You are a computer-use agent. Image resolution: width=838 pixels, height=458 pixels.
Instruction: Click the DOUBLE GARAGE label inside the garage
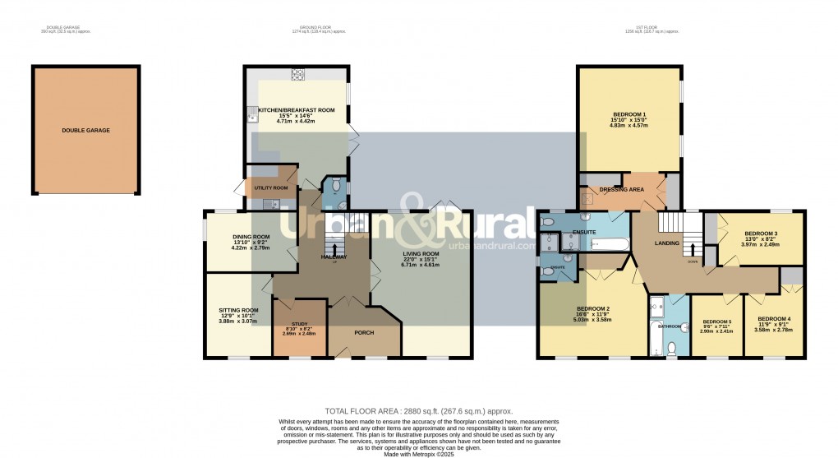coord(85,130)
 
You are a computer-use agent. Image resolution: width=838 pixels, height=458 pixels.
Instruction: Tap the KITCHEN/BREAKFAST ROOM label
coord(297,110)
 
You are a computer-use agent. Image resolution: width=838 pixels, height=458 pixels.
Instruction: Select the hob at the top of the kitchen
coord(297,74)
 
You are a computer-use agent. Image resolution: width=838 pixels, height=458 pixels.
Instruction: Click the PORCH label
coord(365,333)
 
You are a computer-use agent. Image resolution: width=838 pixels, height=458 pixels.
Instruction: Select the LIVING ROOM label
coord(421,254)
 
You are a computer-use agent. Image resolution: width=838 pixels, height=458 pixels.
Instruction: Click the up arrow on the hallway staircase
coord(334,247)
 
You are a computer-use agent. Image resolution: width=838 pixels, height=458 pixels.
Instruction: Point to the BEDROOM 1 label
coord(629,114)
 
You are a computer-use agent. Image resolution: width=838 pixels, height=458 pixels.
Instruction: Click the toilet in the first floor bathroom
coord(672,349)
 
